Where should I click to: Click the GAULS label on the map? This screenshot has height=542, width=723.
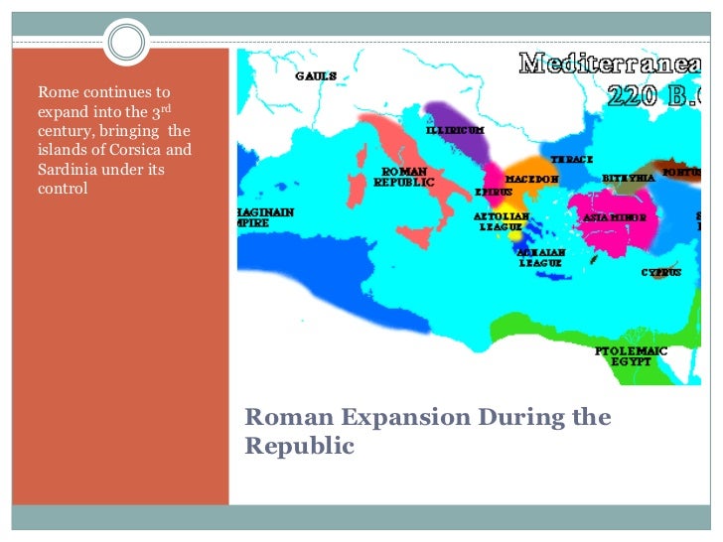[315, 76]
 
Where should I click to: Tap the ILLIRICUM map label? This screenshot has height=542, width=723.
[455, 130]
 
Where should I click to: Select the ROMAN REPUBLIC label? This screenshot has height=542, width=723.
[404, 177]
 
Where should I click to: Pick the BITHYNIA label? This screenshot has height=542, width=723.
[628, 178]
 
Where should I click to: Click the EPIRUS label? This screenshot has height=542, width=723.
[493, 191]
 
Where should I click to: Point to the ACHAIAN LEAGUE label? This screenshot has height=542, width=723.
[541, 258]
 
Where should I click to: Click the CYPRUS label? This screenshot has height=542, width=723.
[660, 272]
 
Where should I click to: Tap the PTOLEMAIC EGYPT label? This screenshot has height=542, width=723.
[631, 356]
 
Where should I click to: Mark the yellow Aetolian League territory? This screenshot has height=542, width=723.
[514, 235]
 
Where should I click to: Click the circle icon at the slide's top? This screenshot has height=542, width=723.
[125, 42]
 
